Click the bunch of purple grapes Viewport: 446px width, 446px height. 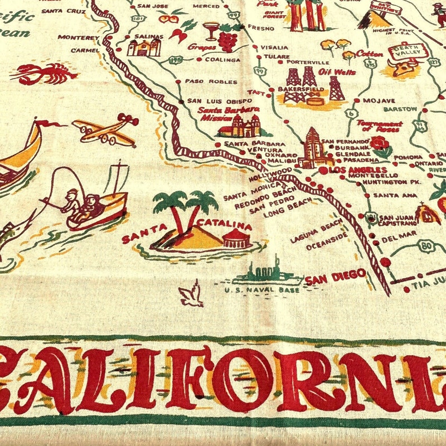click(227, 40)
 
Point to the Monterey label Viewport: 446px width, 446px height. click(78, 37)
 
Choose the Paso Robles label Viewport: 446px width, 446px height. click(203, 81)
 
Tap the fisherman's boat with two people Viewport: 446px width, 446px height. click(95, 201)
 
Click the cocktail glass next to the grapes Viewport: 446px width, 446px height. click(211, 30)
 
